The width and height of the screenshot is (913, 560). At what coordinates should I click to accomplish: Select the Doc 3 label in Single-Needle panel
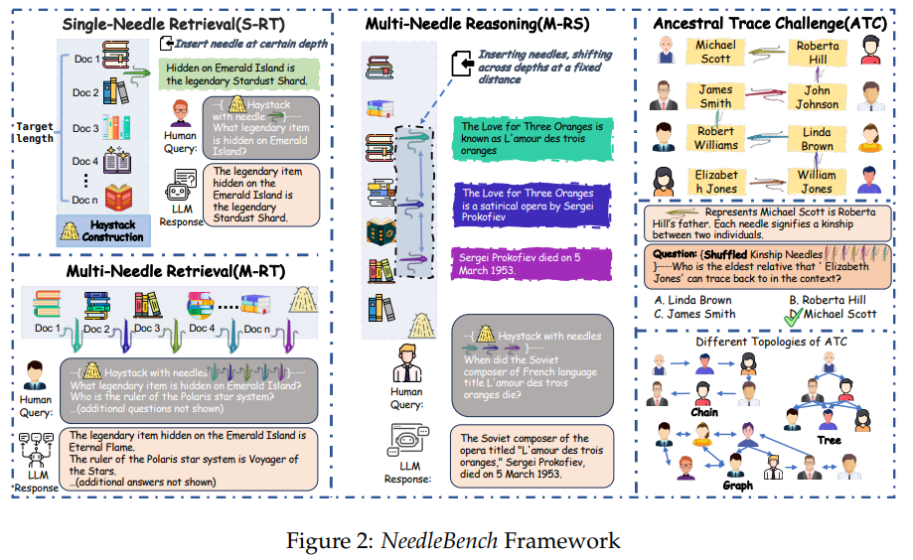[85, 128]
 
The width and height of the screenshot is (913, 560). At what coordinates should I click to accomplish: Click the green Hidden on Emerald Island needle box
[237, 73]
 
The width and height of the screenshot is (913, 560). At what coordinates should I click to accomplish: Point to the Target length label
[35, 133]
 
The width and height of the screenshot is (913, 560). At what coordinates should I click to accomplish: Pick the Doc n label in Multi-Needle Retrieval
[257, 328]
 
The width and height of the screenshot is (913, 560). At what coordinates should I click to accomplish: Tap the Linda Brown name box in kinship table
[817, 139]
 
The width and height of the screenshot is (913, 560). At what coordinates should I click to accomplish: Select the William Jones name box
[817, 182]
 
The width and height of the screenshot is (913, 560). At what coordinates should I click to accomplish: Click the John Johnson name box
[817, 96]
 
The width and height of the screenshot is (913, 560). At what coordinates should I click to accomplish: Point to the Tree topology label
[829, 440]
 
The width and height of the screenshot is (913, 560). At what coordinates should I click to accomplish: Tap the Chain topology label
[704, 411]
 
